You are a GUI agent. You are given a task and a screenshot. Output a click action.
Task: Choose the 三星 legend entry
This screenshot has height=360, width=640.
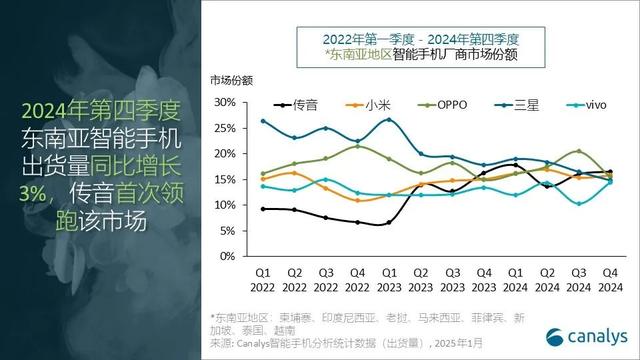(515, 103)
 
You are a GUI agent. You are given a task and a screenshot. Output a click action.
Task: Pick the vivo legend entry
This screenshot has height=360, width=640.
(586, 103)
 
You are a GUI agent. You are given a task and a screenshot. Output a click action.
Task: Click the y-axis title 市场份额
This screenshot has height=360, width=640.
(231, 79)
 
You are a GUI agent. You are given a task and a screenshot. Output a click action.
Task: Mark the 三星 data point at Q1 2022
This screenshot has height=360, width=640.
(263, 121)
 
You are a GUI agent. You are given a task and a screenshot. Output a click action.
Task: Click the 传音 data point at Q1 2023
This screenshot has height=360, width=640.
(389, 223)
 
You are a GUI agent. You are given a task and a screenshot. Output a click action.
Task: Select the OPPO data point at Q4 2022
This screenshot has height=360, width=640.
(357, 146)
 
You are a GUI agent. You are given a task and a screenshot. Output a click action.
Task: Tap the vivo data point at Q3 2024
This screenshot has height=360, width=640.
(578, 204)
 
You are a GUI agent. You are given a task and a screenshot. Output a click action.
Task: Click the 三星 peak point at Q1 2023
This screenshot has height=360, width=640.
(389, 120)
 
